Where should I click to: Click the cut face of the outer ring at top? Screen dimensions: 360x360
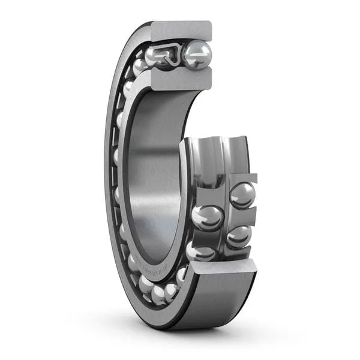(x=180, y=30)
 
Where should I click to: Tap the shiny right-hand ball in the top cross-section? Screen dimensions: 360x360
(x=197, y=55)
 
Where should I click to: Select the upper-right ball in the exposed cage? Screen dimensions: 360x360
(x=242, y=196)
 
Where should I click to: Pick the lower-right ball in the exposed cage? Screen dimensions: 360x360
(x=238, y=236)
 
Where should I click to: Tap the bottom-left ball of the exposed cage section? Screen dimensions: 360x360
(x=199, y=251)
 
